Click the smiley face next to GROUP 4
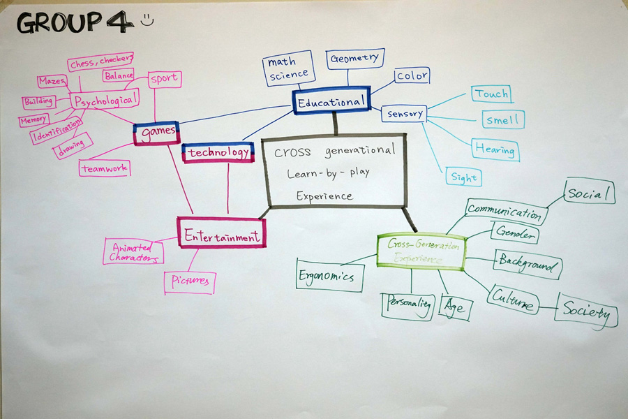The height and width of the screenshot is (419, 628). click(147, 21)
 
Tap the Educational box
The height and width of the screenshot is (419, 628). click(331, 102)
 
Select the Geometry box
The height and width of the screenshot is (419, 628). click(354, 59)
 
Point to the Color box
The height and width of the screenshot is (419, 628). click(412, 75)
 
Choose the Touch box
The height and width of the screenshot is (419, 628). click(491, 94)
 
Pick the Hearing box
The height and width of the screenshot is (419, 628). click(495, 149)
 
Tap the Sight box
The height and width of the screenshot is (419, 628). click(463, 177)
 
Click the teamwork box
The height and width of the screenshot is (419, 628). click(104, 168)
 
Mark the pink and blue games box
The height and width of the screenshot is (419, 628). click(156, 132)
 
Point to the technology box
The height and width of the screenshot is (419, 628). click(217, 152)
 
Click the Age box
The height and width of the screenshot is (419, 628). click(456, 307)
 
